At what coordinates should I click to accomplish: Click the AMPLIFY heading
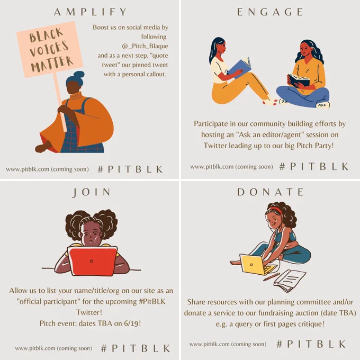[x=90, y=12]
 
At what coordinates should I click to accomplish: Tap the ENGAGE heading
[x=270, y=12]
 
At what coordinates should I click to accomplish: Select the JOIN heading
[x=92, y=192]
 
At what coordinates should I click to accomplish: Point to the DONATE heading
[x=270, y=192]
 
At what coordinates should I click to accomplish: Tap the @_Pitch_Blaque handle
[x=145, y=46]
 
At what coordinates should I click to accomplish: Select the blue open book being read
[x=239, y=68]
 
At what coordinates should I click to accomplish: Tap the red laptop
[x=92, y=261]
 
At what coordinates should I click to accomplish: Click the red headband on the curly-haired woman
[x=276, y=210]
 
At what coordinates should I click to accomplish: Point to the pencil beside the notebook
[x=272, y=277]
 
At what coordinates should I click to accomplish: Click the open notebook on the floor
[x=289, y=281]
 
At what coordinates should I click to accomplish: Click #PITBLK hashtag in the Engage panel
[x=314, y=166]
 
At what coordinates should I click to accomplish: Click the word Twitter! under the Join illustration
[x=89, y=312]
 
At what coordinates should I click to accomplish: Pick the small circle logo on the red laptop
[x=92, y=262]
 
